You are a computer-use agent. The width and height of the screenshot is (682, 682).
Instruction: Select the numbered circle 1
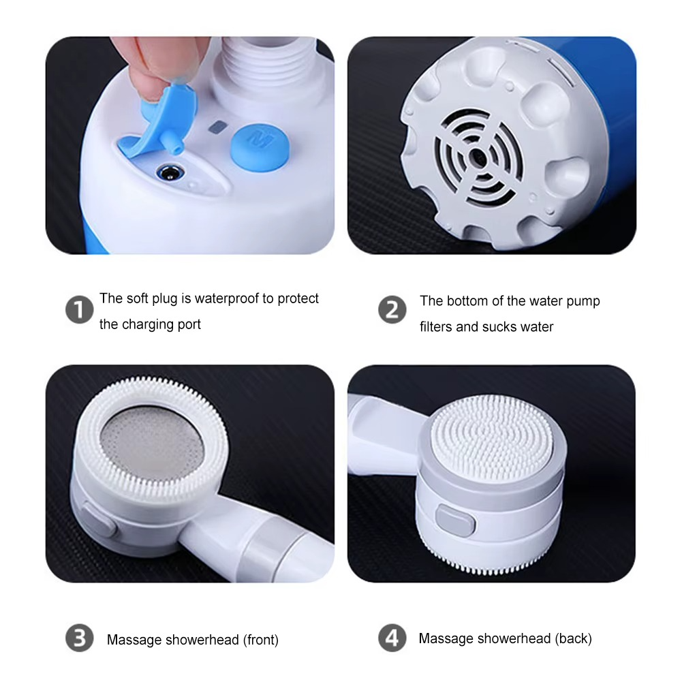point(79,310)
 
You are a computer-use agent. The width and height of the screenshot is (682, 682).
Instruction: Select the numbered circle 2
point(392,310)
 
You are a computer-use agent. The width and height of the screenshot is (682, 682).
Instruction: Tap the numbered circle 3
point(79,639)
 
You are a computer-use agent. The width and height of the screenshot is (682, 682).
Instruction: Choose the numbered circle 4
point(392,639)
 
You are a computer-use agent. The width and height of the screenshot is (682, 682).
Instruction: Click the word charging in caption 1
point(150,324)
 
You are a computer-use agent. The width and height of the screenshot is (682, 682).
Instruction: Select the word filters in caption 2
point(436,327)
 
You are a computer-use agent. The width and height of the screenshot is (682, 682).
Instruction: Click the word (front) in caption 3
point(260,640)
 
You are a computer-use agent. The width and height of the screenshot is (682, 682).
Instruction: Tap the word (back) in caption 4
point(573,638)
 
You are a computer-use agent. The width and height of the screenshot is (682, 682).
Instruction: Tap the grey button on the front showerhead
point(97,522)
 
